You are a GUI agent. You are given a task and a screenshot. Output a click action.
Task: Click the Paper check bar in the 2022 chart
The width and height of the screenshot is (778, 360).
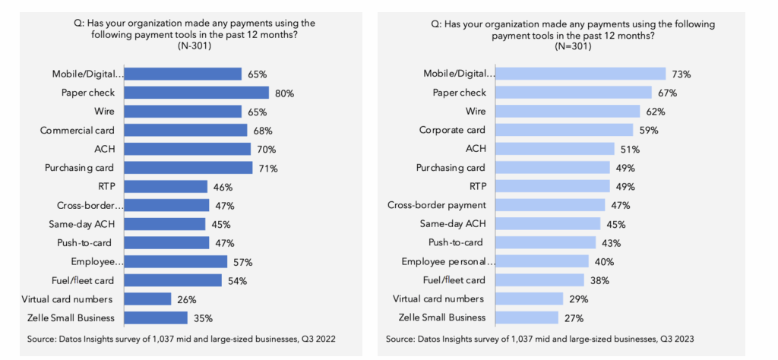coord(196,93)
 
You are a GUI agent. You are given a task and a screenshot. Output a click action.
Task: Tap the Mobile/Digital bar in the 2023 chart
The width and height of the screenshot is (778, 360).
coord(582,74)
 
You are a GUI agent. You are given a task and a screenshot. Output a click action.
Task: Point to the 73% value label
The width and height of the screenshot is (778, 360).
coord(680,74)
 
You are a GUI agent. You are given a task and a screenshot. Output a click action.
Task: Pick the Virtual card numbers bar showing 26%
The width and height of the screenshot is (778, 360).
coord(147,299)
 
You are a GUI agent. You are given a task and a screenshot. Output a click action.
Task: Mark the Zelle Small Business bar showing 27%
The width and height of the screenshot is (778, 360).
coord(528,318)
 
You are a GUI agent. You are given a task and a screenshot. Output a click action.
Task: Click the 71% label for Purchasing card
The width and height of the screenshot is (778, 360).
coord(267,168)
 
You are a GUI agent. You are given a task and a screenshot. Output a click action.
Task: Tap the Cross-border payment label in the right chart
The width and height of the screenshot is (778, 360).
coord(441,205)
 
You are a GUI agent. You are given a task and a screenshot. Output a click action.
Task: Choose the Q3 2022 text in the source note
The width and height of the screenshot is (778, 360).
coord(316,339)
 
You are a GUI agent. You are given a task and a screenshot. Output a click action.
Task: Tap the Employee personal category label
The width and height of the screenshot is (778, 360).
coord(449,262)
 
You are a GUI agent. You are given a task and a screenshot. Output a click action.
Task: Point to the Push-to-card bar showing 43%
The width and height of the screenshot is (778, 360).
coord(546,243)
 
